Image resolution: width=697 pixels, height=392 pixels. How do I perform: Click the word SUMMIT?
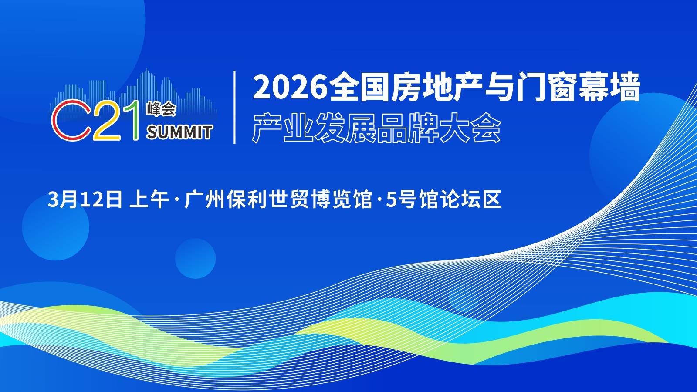[x=179, y=132]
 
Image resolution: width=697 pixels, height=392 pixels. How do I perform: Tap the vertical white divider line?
[x=235, y=107]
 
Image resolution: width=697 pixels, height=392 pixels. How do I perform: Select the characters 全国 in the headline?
[x=360, y=87]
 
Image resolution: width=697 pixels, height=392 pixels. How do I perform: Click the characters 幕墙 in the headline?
[x=609, y=87]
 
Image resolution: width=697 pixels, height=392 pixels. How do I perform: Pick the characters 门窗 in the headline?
[x=547, y=87]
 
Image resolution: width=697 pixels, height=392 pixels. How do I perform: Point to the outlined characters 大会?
[x=470, y=128]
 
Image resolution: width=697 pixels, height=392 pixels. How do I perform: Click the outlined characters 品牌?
[x=408, y=128]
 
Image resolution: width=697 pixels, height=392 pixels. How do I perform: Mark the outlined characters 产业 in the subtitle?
[x=283, y=128]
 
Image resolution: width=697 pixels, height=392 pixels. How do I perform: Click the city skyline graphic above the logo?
[x=134, y=93]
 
